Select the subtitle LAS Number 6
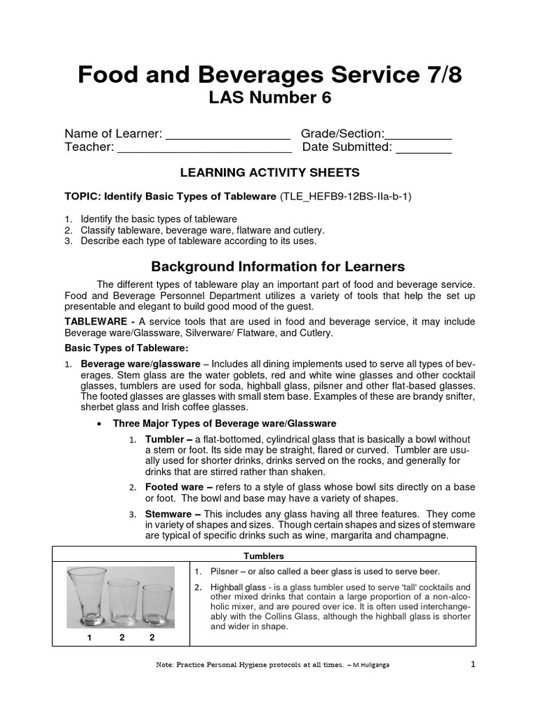(270, 99)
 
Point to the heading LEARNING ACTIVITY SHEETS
(270, 172)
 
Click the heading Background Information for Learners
(278, 266)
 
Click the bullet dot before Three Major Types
(102, 423)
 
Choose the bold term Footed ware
(174, 488)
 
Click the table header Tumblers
(264, 556)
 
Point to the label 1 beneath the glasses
(90, 637)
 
